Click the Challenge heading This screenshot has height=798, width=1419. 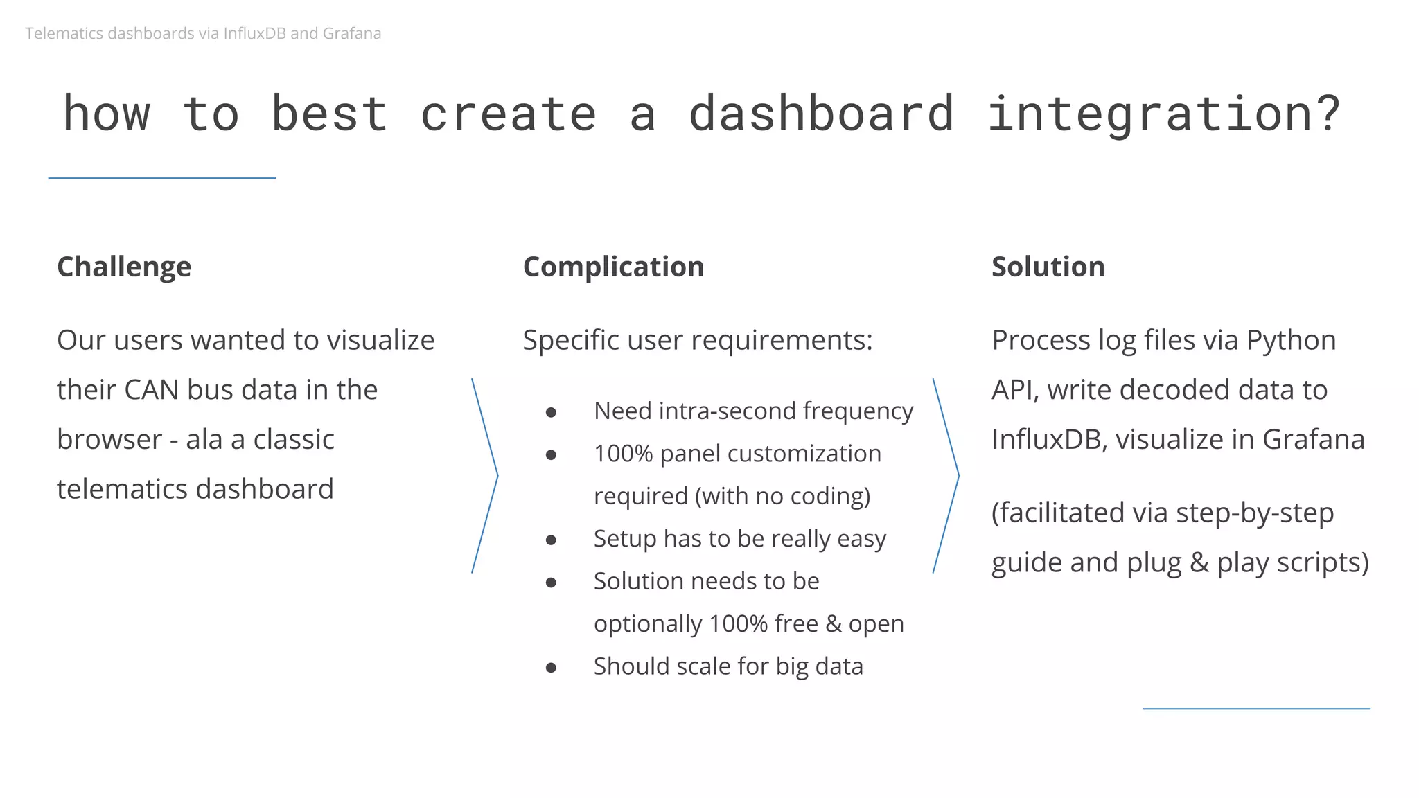click(124, 267)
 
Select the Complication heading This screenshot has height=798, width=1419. click(613, 267)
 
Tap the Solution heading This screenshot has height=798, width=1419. click(1048, 267)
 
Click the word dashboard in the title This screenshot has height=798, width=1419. click(821, 114)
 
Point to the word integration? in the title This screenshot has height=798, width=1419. click(1163, 114)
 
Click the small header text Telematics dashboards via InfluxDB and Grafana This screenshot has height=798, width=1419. click(203, 33)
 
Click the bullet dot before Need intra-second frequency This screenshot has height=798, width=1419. click(551, 412)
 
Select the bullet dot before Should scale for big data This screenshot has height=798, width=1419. click(551, 668)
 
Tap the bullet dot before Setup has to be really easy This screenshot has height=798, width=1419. click(551, 540)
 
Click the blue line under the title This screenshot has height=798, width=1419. click(162, 178)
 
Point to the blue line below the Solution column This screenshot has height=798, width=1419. click(1256, 709)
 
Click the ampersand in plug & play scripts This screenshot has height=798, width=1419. click(1199, 562)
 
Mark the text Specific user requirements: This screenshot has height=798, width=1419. click(697, 340)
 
